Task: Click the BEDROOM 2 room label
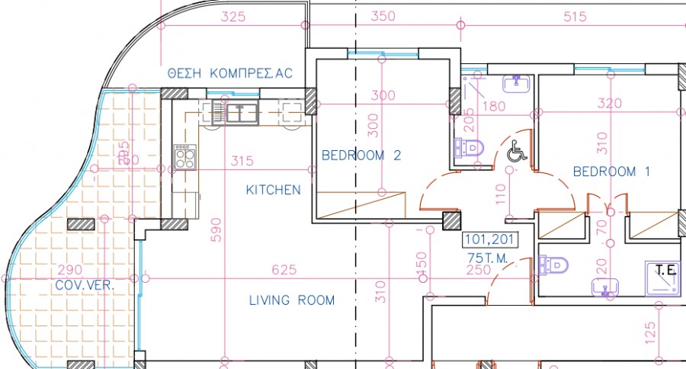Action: point(361,156)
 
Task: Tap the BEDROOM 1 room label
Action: point(611,172)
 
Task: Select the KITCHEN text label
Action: point(273,190)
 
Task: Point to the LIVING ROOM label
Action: point(292,300)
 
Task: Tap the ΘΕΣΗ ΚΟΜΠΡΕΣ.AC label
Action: point(230,73)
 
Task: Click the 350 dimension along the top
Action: point(383,16)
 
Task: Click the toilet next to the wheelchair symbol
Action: point(470,146)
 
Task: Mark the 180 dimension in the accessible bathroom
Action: point(494,106)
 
